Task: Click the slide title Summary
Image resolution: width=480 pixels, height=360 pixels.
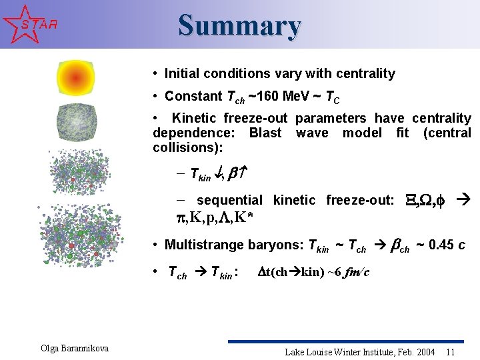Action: click(x=239, y=25)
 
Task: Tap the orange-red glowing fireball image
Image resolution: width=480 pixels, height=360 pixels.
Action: click(x=75, y=79)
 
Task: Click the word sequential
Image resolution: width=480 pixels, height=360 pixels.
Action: click(x=229, y=200)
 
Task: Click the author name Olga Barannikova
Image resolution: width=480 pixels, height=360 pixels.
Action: click(x=75, y=348)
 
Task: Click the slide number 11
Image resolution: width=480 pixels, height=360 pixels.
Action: click(x=451, y=351)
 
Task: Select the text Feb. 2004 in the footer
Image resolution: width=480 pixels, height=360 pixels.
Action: click(x=418, y=351)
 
